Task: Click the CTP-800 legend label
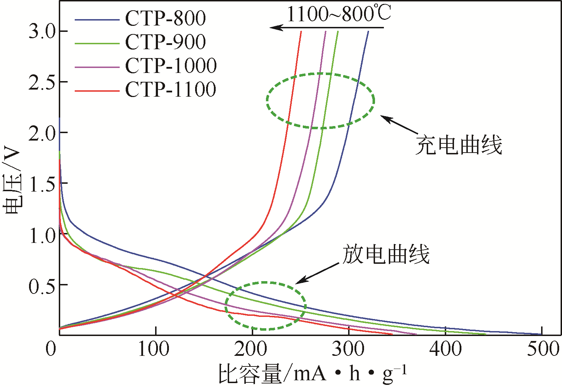[165, 18]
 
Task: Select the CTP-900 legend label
[165, 42]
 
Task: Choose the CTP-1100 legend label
[171, 89]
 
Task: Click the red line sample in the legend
[97, 91]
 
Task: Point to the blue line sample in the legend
[97, 20]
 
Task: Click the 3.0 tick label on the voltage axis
[42, 32]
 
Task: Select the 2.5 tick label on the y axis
[42, 82]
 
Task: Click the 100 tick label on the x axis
[154, 349]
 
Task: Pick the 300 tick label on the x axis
[348, 349]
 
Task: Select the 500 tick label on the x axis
[543, 349]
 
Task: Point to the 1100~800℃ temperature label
[339, 14]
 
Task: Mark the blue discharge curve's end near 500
[541, 334]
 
